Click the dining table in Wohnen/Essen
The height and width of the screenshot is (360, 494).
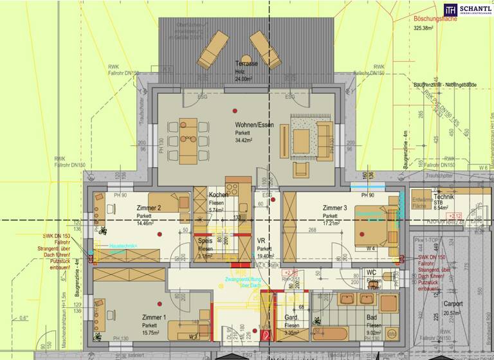[x=188, y=141]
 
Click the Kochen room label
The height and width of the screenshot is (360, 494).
[x=217, y=195]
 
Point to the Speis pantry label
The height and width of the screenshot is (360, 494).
[x=205, y=240]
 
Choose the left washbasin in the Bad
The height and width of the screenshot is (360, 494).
[x=348, y=299]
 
